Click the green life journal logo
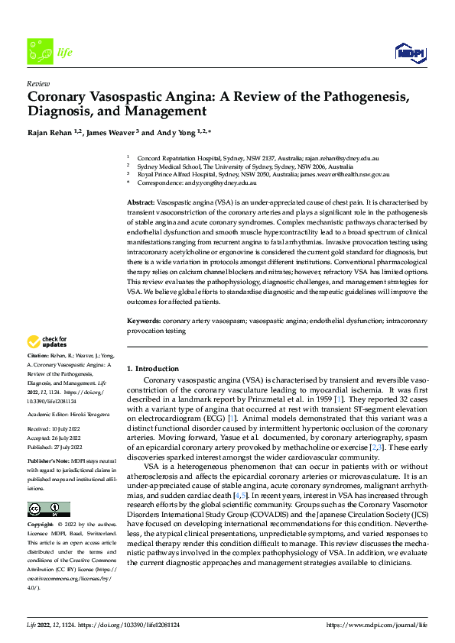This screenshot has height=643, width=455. coord(39,52)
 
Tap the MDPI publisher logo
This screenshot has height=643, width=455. coord(408,51)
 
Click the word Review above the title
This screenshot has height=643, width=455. coord(38,83)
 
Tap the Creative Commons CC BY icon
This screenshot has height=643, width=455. coord(48,509)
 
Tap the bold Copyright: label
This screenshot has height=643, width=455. coord(42,525)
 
